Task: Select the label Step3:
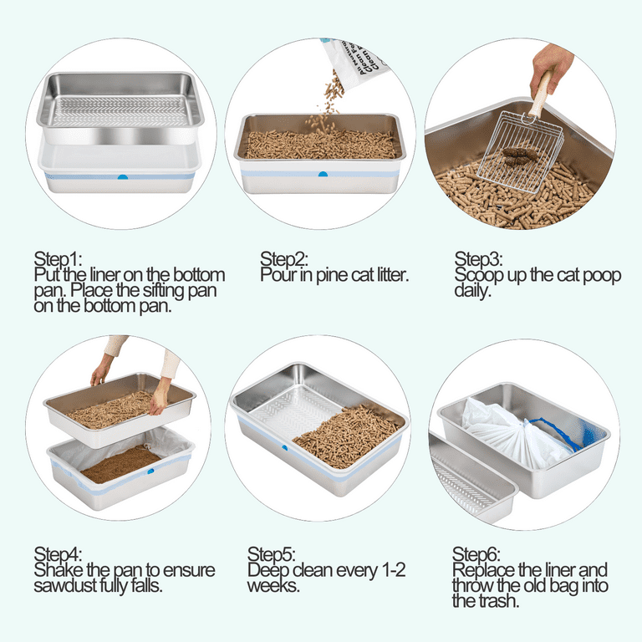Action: (x=478, y=258)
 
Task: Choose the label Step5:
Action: (x=271, y=554)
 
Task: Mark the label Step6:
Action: (x=476, y=554)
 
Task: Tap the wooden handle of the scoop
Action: (x=541, y=94)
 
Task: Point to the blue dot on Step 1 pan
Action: (x=123, y=177)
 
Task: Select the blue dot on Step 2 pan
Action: (x=322, y=174)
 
